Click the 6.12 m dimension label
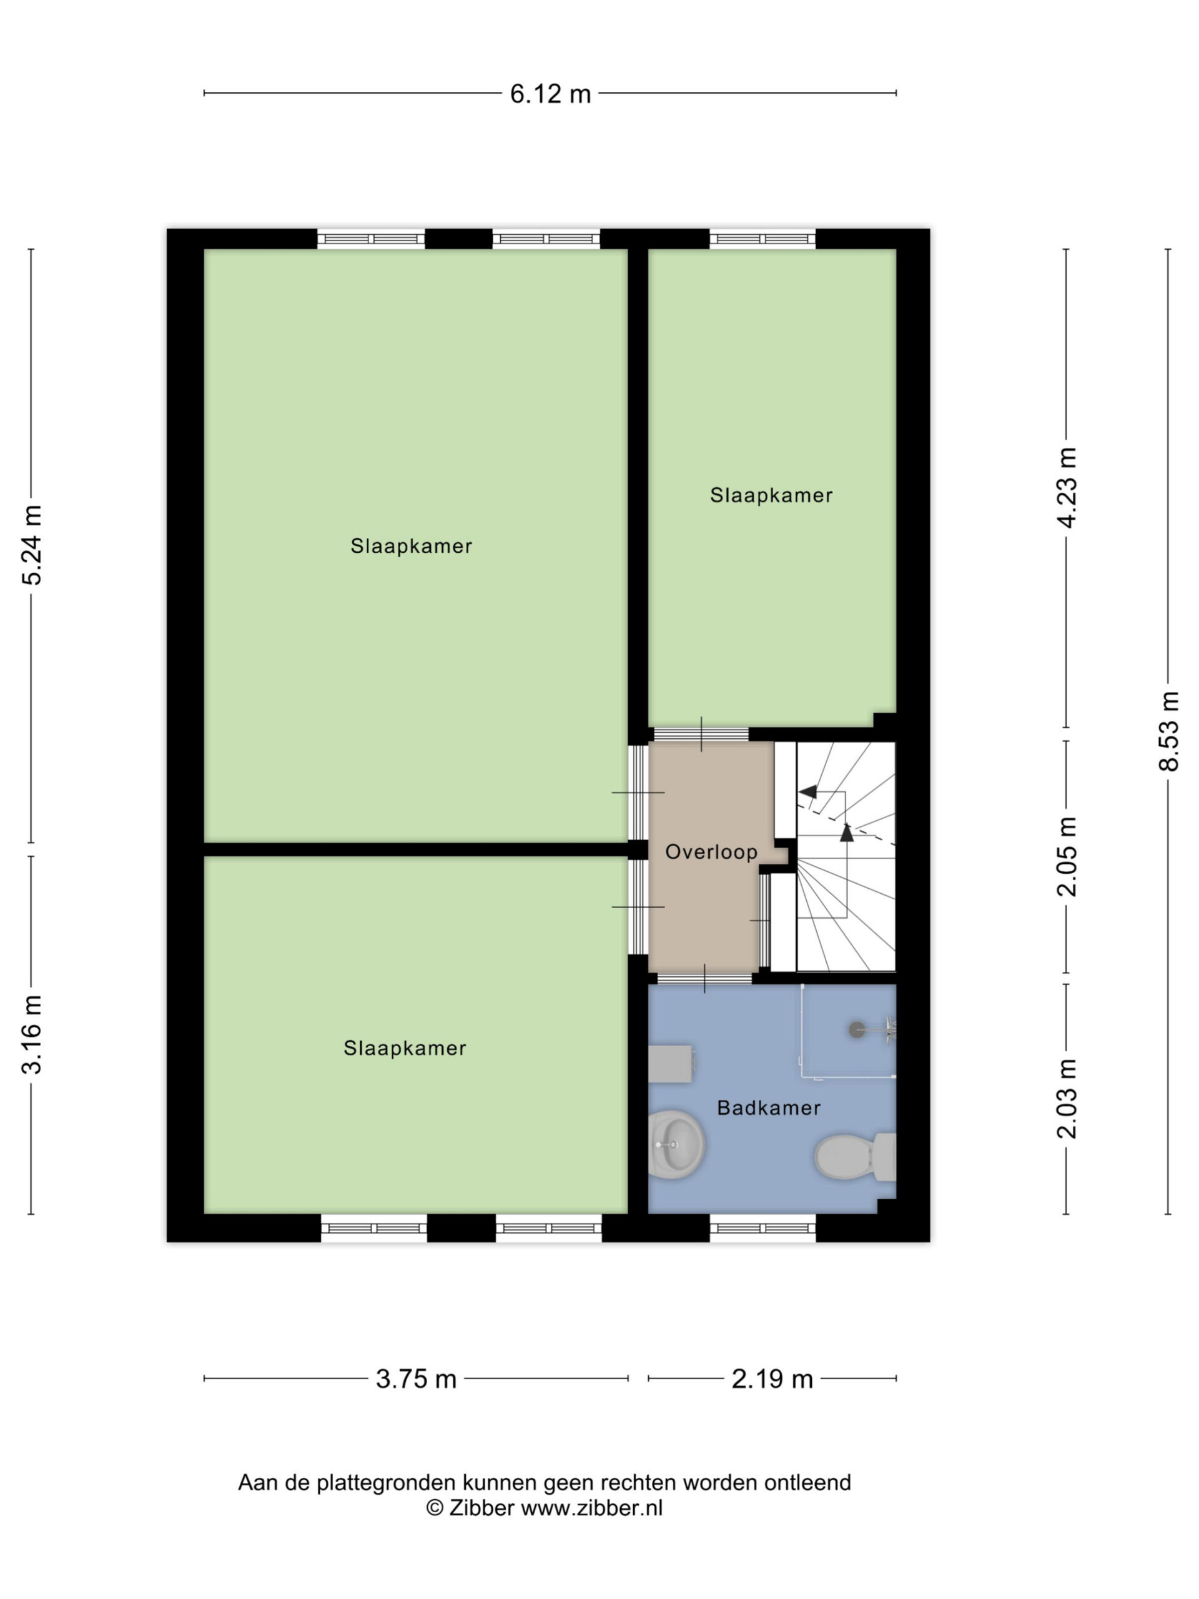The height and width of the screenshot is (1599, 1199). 550,94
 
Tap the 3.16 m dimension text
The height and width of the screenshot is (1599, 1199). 32,1034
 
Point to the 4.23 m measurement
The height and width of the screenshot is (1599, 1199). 1067,487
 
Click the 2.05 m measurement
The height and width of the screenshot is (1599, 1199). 1067,856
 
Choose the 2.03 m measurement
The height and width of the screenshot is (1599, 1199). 1067,1098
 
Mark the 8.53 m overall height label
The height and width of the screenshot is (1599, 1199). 1168,731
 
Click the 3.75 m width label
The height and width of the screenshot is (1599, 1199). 417,1379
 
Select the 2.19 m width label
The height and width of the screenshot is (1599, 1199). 772,1379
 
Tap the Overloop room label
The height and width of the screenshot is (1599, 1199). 711,852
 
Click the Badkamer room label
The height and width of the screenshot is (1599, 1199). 768,1108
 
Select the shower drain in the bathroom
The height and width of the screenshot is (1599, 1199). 856,1029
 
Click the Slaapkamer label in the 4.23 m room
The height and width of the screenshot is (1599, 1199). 771,495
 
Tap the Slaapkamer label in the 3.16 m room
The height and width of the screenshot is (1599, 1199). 405,1048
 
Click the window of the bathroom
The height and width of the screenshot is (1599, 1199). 762,1227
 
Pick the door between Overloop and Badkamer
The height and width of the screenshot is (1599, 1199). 704,979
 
